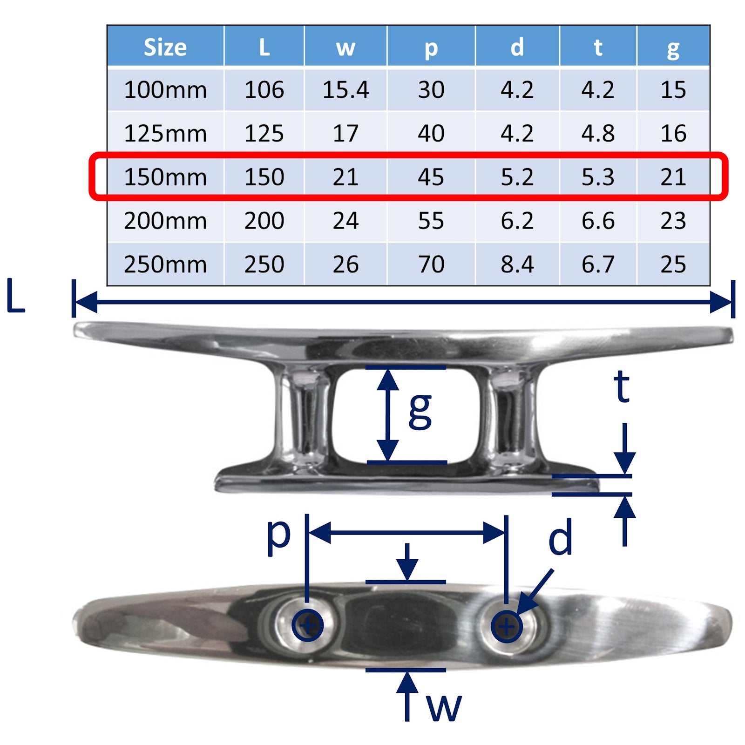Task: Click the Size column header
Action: (165, 47)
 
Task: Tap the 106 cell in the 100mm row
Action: (264, 89)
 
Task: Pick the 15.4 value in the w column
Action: (345, 89)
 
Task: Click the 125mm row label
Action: (165, 133)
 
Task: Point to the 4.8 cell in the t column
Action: (598, 133)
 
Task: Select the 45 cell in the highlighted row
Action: (431, 177)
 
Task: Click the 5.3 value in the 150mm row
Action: (598, 177)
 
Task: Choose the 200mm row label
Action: (165, 221)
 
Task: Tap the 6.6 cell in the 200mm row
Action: (598, 221)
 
